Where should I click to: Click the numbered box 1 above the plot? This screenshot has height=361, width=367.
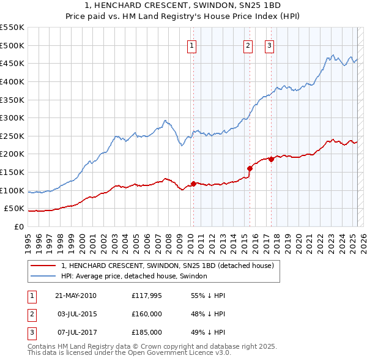click(x=192, y=45)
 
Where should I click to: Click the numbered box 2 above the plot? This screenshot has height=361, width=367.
click(x=248, y=45)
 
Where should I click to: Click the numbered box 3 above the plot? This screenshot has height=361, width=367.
click(x=269, y=45)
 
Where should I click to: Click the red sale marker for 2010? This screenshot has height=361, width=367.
click(x=193, y=183)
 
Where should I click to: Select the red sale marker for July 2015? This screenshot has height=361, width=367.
click(x=250, y=168)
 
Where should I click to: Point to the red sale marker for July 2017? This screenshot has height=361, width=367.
click(x=271, y=159)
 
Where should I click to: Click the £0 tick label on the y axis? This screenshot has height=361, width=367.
click(x=19, y=226)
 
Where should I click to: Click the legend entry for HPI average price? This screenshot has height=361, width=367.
click(x=135, y=276)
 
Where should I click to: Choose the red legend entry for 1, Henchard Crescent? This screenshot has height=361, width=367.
click(x=171, y=266)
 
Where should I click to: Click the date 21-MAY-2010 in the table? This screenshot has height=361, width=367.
click(x=76, y=296)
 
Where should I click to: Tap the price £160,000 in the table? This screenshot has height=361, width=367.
click(x=147, y=314)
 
